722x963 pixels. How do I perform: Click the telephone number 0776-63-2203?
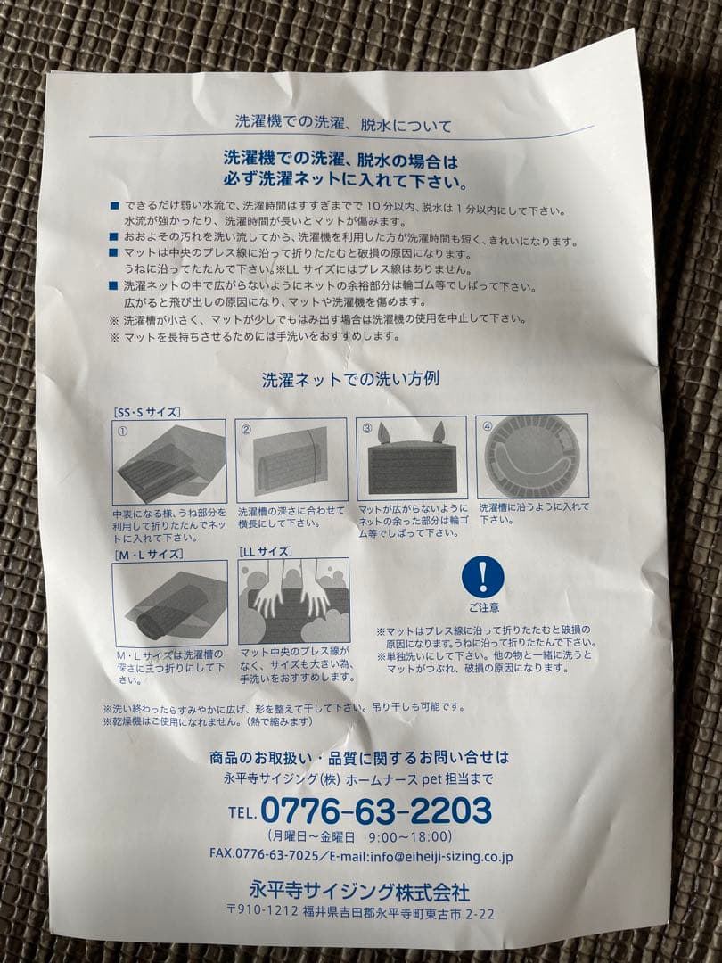click(x=375, y=811)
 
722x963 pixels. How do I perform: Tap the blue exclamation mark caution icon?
click(x=482, y=577)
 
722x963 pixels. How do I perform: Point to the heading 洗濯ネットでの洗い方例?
click(x=349, y=379)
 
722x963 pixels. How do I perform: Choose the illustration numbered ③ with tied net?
click(x=411, y=458)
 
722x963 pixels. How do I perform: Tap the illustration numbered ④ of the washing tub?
click(x=531, y=457)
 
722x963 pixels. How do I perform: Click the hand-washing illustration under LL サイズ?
click(x=292, y=601)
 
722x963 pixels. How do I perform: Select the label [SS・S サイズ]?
click(x=147, y=412)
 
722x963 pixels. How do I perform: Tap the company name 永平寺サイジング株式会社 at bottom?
click(x=359, y=891)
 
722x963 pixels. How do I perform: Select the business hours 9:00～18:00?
click(x=407, y=836)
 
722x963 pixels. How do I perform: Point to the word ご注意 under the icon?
click(x=482, y=608)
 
